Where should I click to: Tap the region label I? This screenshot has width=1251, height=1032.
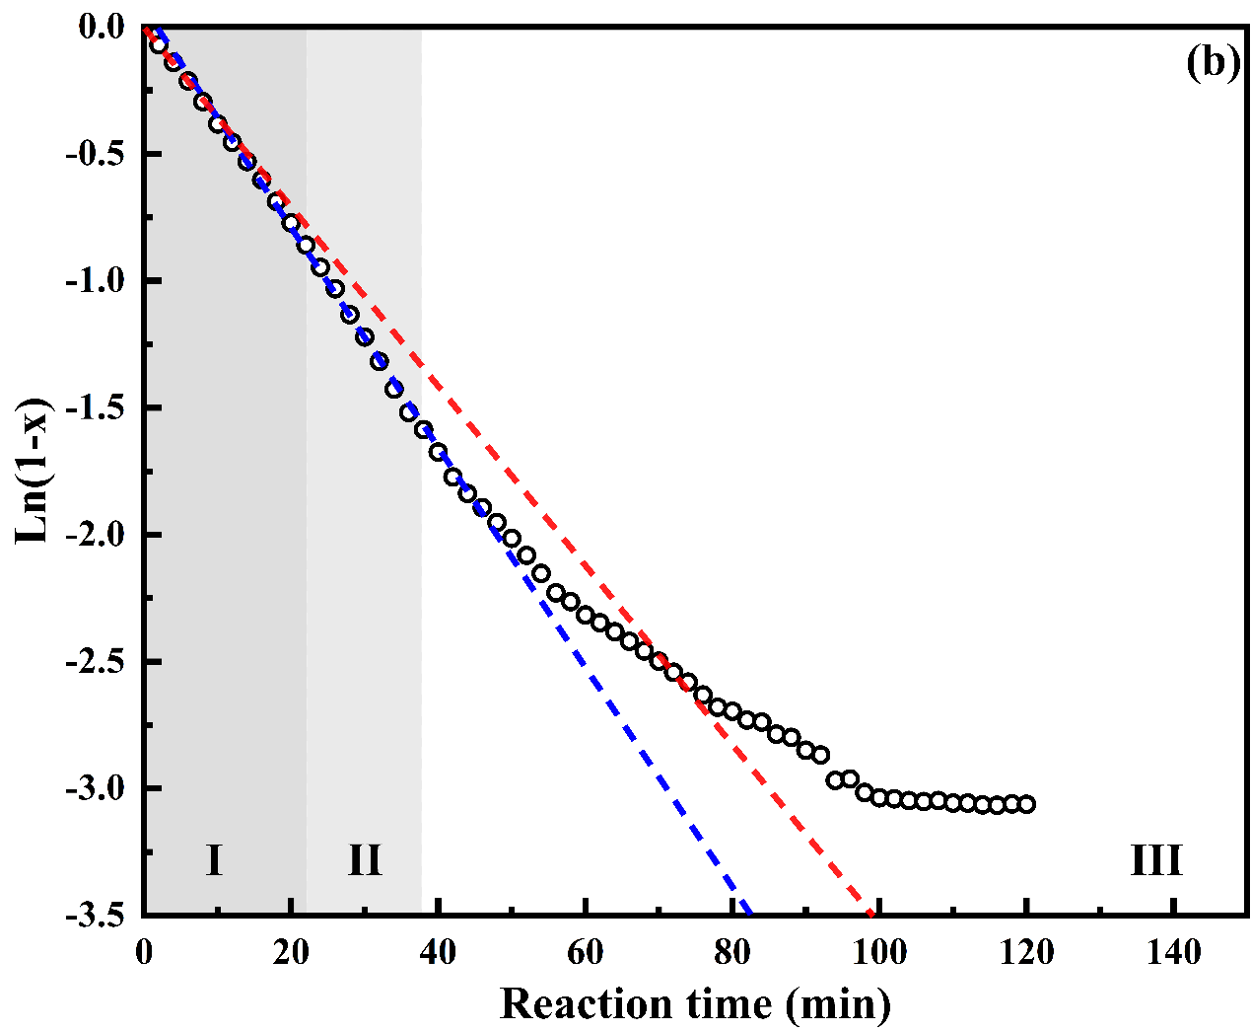pos(214,860)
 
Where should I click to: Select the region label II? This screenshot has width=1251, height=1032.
pos(365,860)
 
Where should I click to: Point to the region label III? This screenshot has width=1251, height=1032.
pos(1155,860)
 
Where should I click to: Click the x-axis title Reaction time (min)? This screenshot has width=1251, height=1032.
pos(695,1003)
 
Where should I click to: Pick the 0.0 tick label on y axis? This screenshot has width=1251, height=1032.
pos(101,28)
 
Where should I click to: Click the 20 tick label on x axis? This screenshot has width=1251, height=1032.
pos(291,952)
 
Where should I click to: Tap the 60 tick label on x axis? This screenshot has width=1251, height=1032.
pos(586,952)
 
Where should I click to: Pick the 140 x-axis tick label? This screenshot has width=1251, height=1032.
pos(1174,952)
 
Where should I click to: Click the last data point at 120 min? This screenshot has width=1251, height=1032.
pos(1027,804)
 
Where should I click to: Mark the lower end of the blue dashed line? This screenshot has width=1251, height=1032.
pos(750,912)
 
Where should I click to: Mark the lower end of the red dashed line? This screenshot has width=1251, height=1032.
pos(871,912)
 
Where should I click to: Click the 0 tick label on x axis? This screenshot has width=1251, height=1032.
pos(144,952)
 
